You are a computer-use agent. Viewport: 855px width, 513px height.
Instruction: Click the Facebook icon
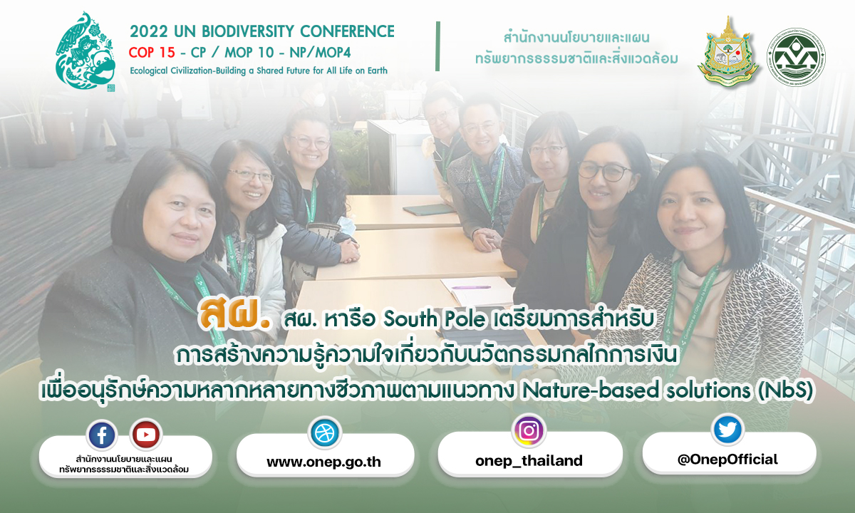point(101,435)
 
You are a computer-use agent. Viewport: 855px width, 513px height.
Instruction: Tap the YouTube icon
point(146,435)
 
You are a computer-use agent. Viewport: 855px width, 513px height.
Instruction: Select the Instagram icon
point(529,430)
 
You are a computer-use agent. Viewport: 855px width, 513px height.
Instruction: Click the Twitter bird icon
point(727,430)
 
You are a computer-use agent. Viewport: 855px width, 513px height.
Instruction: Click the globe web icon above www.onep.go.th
point(325,432)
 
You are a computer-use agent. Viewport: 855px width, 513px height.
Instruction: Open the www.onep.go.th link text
point(323,462)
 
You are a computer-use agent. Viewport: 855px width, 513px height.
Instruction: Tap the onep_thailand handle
point(529,461)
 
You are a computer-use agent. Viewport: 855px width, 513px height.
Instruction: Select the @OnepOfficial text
point(727,459)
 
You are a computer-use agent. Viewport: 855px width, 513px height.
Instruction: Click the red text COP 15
point(152,53)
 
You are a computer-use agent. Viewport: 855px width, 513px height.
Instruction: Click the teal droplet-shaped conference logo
point(85,51)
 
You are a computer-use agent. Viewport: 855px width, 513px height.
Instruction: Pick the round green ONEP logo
point(797,57)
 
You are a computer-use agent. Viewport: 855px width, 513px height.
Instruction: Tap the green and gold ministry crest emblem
point(728,52)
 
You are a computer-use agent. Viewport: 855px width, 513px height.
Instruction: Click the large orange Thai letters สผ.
point(234,315)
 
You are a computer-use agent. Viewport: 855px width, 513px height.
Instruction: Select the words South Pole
point(435,319)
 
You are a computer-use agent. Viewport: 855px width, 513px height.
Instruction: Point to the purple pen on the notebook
point(471,287)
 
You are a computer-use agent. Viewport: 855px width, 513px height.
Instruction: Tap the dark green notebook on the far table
point(428,209)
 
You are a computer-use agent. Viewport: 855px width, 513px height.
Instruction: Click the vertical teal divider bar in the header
point(437,46)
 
